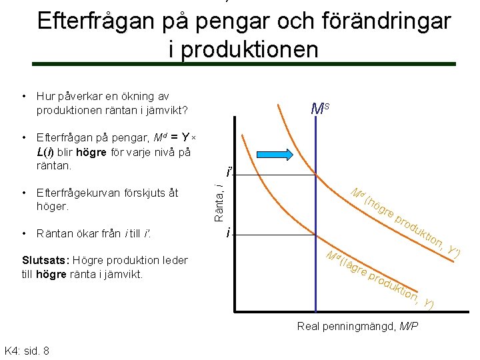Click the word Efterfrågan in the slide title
(94, 21)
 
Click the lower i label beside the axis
(229, 233)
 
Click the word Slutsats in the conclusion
(47, 260)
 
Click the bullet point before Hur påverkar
(25, 97)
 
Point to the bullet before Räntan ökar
(25, 233)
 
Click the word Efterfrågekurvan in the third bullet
(77, 193)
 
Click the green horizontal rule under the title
(244, 64)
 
